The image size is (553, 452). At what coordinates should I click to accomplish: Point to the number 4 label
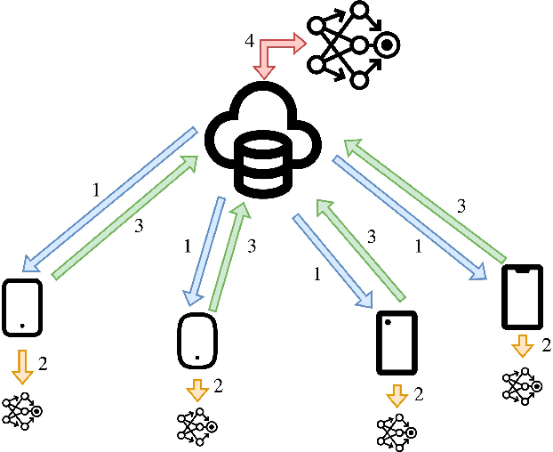250,41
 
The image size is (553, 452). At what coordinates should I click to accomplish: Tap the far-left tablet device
22,308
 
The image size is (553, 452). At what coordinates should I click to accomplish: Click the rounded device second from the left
196,339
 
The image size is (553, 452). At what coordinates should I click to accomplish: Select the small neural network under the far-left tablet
22,412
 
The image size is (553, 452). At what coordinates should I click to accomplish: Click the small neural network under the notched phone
520,383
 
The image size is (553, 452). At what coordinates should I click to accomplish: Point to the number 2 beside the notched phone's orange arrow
546,346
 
